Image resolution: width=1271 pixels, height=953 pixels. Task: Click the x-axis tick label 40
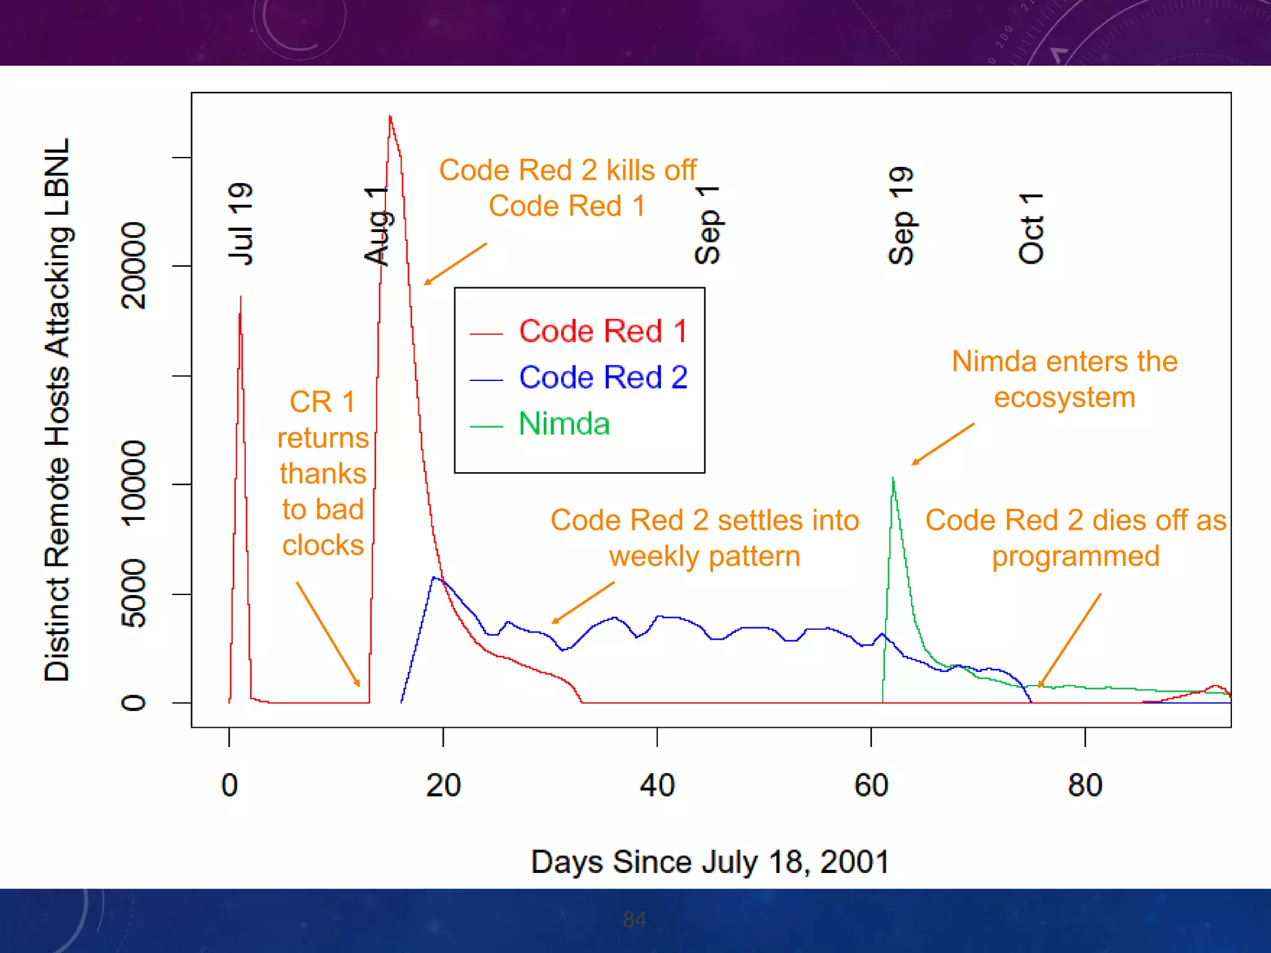[x=657, y=785]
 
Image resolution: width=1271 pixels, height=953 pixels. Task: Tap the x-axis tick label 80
[x=1085, y=785]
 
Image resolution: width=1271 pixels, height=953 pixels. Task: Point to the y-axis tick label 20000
[x=133, y=266]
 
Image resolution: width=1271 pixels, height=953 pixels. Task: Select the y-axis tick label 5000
[x=133, y=594]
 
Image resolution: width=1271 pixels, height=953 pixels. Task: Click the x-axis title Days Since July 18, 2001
[x=710, y=862]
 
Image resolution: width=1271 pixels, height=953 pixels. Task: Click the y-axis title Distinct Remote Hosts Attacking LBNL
[x=57, y=409]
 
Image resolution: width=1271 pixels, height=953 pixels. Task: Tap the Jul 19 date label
[x=240, y=224]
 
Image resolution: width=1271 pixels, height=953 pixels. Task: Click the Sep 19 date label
[x=900, y=216]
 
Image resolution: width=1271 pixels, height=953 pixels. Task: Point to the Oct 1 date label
[x=1031, y=228]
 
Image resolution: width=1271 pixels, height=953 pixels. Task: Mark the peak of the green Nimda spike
[x=892, y=478]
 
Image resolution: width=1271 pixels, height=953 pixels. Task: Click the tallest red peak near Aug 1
[x=390, y=117]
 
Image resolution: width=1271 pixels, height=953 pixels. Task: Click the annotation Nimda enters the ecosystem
[x=1064, y=379]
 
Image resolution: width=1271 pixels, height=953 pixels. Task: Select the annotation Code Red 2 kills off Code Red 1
[x=567, y=188]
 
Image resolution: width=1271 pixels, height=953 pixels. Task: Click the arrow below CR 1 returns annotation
[x=328, y=633]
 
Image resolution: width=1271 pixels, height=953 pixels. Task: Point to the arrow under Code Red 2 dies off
[x=1070, y=640]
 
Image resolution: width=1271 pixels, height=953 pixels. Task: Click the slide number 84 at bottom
[x=634, y=919]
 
